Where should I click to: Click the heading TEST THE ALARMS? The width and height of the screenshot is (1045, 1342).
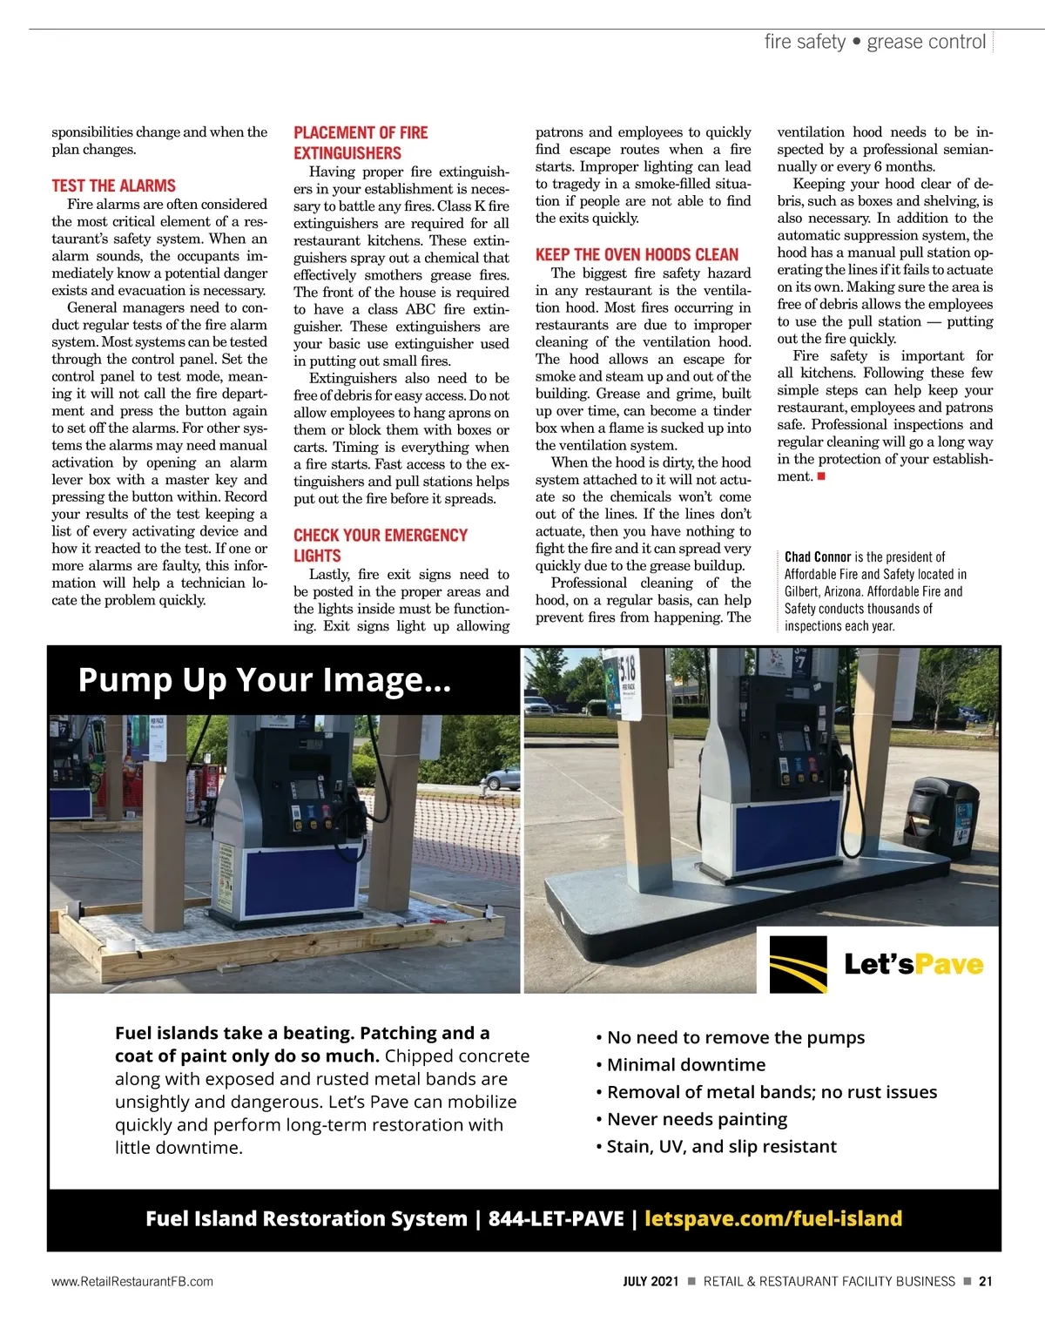[113, 185]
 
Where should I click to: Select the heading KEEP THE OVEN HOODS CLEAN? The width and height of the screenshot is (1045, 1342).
[637, 254]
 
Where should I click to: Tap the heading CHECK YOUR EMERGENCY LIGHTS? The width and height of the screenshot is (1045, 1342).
[380, 545]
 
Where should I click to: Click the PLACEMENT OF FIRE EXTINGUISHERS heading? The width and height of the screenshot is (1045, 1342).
[361, 143]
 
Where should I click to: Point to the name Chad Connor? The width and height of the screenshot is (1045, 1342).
[818, 556]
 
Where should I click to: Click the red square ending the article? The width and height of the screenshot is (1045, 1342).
[821, 476]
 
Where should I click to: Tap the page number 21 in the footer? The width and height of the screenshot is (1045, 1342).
[985, 1281]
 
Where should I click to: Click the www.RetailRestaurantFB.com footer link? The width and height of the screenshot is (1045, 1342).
[132, 1281]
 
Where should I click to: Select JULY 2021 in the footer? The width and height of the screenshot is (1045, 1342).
[650, 1281]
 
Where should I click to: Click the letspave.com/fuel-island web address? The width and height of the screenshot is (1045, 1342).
[772, 1218]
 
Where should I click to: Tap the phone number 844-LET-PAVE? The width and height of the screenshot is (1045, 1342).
[556, 1218]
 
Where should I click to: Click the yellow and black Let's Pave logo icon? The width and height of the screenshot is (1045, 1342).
[798, 964]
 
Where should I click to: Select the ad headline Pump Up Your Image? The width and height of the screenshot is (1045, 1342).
[264, 679]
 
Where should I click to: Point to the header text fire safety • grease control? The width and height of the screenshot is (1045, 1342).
[874, 42]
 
